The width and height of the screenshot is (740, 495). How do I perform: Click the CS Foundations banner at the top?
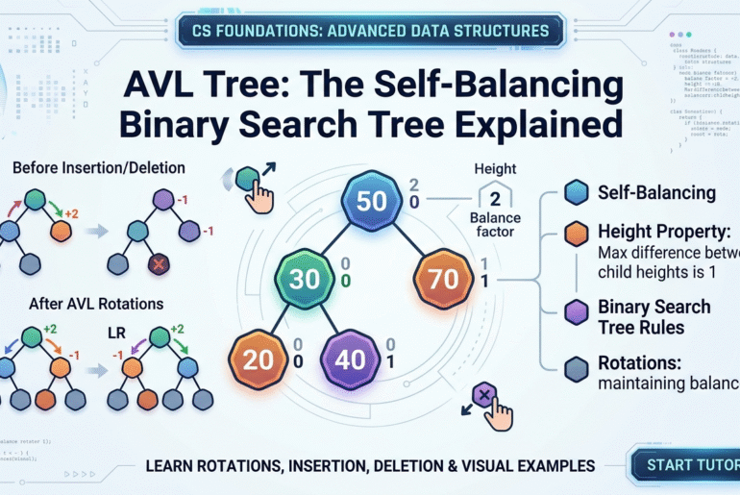click(x=370, y=30)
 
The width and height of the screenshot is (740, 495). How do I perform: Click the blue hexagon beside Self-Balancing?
click(x=576, y=192)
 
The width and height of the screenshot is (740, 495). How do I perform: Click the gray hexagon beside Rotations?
click(x=576, y=367)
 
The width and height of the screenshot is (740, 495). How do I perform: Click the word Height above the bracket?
click(x=496, y=169)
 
